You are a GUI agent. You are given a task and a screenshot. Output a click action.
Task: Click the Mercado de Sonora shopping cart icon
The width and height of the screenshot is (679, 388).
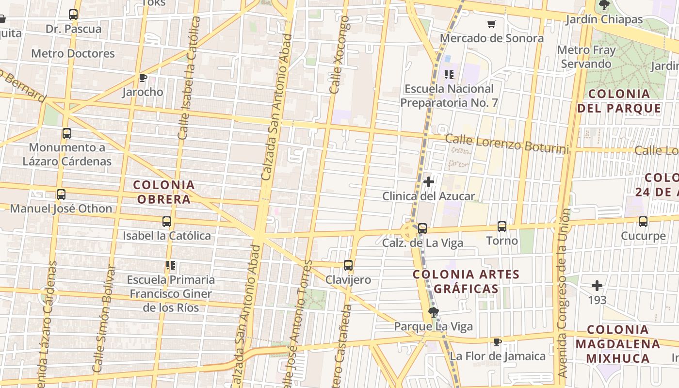point(492,24)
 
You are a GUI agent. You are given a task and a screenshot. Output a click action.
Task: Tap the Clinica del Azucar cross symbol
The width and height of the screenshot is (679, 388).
point(429,182)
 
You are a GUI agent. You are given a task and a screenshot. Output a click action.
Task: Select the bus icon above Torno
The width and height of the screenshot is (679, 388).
point(502,226)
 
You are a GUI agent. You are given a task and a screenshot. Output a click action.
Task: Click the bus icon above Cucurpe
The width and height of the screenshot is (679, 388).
point(643,222)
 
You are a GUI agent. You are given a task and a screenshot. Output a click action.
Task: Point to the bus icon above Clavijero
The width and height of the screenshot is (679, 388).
point(348,265)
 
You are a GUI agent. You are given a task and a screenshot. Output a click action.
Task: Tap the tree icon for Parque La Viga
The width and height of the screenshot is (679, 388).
point(434,312)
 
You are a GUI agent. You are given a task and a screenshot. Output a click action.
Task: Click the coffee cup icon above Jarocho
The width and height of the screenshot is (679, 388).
point(143,78)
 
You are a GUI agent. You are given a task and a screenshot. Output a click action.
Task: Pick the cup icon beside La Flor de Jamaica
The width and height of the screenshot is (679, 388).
point(497,342)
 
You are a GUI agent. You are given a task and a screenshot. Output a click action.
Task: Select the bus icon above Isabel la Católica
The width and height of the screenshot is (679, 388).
point(167,222)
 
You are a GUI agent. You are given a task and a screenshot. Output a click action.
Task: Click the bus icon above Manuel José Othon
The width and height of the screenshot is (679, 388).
point(61,194)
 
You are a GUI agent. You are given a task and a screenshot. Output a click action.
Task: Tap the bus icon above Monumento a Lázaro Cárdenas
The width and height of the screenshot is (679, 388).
point(67,133)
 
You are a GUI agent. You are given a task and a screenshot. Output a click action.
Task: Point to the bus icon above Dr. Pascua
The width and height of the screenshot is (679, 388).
point(73,15)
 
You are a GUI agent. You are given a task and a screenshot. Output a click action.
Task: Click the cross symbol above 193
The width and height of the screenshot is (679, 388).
point(597,286)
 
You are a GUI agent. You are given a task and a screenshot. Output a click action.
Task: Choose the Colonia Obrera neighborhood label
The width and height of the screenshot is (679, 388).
point(164,192)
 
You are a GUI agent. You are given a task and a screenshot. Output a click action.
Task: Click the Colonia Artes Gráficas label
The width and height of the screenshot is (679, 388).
point(466,281)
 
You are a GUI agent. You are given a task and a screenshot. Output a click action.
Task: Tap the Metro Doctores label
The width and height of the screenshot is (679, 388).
point(73,53)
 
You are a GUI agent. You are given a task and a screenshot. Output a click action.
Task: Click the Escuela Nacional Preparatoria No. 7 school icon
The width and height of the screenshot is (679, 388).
point(449,75)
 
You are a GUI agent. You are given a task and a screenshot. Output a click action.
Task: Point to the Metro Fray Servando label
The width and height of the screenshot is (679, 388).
point(586,57)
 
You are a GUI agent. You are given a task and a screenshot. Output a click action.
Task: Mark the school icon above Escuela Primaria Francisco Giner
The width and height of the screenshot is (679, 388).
point(170,265)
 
